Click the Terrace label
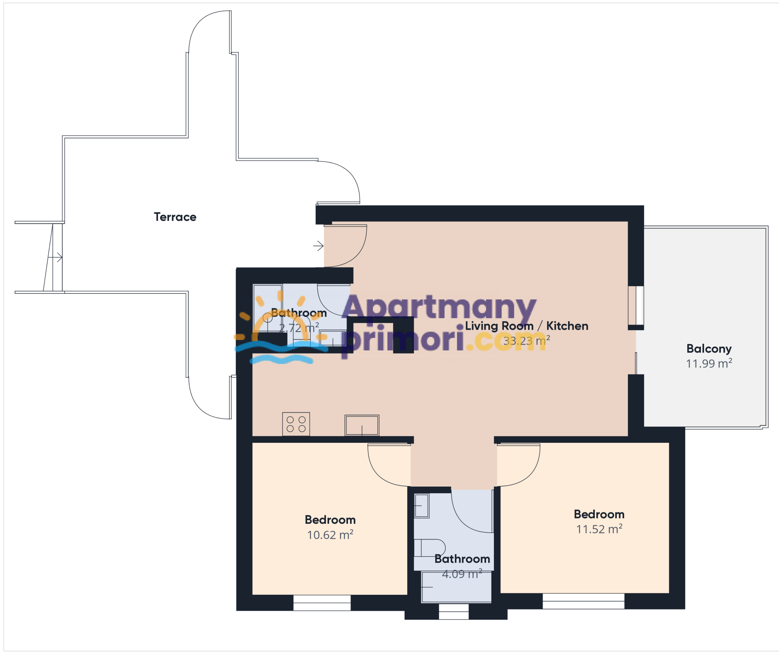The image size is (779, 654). point(175,217)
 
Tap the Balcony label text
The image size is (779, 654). point(709,349)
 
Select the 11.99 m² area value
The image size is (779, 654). point(709,364)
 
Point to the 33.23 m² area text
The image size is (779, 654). point(526,340)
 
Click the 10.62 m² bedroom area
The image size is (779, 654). point(330,535)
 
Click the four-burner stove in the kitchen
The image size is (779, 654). point(296,424)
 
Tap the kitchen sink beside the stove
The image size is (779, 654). point(362,425)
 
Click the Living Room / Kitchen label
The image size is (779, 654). point(526,326)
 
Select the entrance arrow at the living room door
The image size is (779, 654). point(318,246)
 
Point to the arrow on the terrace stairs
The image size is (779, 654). point(55,257)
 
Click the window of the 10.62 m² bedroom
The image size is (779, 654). point(322,603)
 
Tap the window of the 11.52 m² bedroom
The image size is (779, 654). point(583,601)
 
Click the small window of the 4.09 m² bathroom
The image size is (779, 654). point(454,612)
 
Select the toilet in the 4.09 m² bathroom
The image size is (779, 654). point(430,548)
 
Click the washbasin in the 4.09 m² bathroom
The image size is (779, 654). point(421,506)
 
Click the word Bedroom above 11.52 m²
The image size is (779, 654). point(599,514)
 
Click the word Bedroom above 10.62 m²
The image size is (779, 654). point(330,520)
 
